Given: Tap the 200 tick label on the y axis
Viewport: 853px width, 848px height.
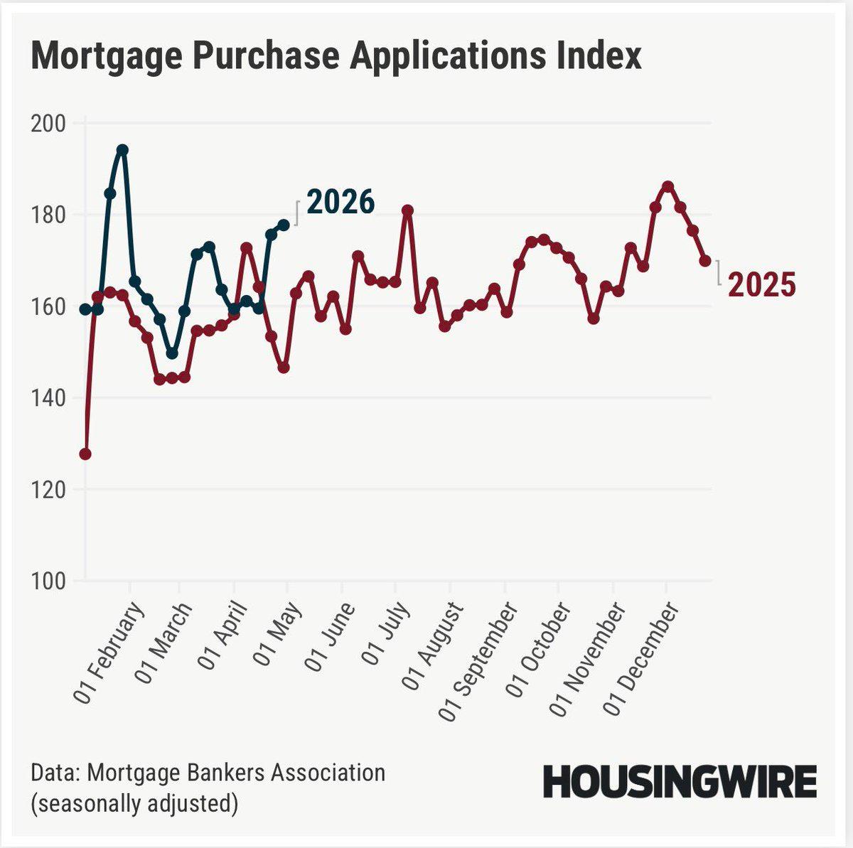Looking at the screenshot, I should pos(48,124).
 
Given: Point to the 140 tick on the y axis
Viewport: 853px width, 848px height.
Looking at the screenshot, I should pos(48,398).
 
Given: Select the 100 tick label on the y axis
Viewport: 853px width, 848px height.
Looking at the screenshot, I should pos(48,581).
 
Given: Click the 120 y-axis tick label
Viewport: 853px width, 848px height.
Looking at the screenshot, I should pos(48,490).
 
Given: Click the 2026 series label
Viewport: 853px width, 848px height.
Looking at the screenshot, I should pos(340,203).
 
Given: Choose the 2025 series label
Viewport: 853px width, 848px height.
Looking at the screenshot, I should pos(761,285).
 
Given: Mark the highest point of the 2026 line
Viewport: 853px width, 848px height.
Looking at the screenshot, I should pos(122,149).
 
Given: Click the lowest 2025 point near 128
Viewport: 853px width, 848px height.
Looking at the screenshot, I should pos(85,453).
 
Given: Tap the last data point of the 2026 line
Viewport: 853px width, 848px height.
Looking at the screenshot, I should pos(284,225).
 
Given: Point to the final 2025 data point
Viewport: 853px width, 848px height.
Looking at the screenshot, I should pos(705,261).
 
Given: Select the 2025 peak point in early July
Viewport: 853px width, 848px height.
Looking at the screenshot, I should pos(407,210).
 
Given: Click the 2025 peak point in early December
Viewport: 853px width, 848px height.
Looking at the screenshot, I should pos(667,186).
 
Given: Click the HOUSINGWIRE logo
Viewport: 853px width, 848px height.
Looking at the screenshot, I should pos(680,783).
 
